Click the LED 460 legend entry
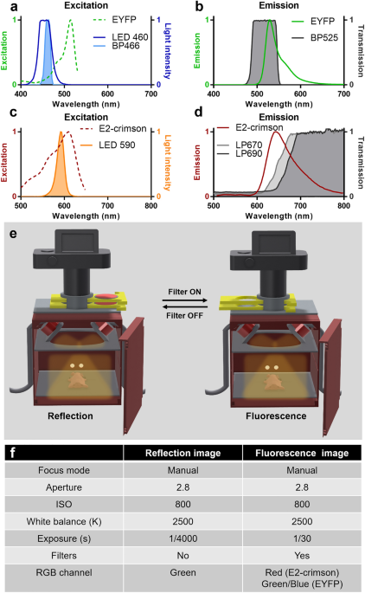pos(130,37)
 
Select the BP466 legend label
pos(125,46)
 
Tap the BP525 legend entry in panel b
pos(324,37)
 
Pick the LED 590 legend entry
pos(117,145)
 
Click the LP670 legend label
pos(248,145)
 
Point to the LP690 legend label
pos(248,153)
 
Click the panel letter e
pos(13,234)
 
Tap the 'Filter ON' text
pos(185,292)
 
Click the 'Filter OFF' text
pos(185,315)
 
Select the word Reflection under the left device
pos(70,416)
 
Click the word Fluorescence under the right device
pos(276,416)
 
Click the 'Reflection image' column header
pos(182,453)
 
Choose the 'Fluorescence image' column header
pos(302,453)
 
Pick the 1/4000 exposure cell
pos(182,538)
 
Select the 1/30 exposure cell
pos(302,538)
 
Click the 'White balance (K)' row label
pos(64,521)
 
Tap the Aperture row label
pos(64,487)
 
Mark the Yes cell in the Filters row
pos(302,556)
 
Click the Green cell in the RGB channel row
pos(182,572)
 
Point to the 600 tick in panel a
pos(108,93)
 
